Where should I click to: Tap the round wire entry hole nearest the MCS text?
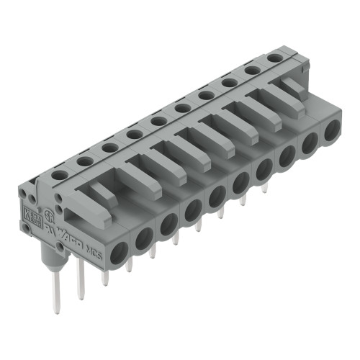pos(118,250)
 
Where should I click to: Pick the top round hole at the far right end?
pos(274,56)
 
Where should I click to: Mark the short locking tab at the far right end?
pos(291,84)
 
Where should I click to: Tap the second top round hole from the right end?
pos(252,69)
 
